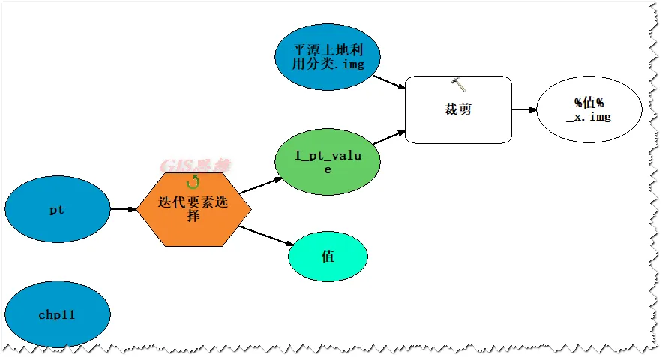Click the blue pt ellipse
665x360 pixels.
tap(57, 210)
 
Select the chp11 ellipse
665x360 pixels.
tap(57, 314)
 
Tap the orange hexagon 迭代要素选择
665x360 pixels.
tap(193, 209)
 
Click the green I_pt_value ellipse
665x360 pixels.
tap(327, 162)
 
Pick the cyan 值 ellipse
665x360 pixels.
tap(328, 256)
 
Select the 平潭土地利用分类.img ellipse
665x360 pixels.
tap(327, 57)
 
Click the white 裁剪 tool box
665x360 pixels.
tap(458, 109)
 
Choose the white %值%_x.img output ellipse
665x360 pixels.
tap(589, 109)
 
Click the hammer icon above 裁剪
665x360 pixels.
tap(459, 84)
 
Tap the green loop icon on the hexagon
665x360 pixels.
tap(193, 180)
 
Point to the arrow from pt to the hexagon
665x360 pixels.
tap(124, 210)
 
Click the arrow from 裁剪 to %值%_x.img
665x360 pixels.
tap(524, 109)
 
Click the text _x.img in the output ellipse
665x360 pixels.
tap(589, 117)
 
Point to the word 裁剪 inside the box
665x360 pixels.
tap(458, 109)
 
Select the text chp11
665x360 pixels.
tap(57, 315)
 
